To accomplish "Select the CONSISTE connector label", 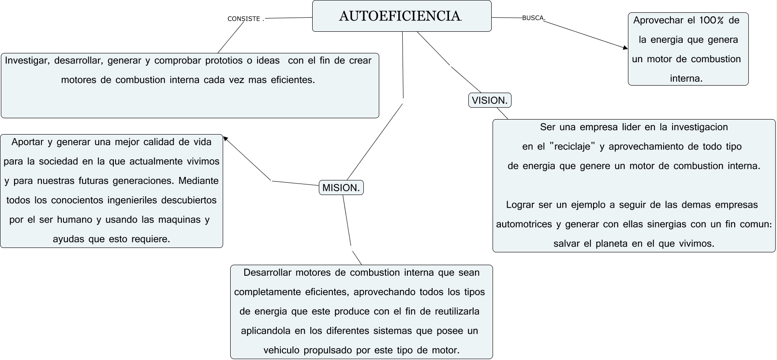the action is (x=244, y=19).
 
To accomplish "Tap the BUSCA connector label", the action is (x=533, y=18).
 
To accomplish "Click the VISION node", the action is (x=489, y=101).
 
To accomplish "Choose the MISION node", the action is (x=341, y=188).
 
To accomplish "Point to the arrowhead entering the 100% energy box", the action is (x=625, y=48).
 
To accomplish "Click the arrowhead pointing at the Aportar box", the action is (x=225, y=139).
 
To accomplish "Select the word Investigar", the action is (x=26, y=60).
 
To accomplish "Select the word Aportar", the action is (x=27, y=142).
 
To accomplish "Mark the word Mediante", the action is (x=198, y=181).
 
